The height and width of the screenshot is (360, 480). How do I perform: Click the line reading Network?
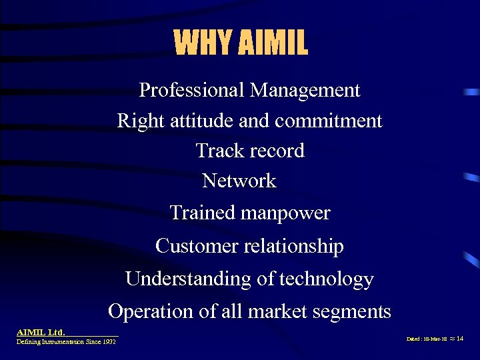click(239, 181)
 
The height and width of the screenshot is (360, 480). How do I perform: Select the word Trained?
click(202, 213)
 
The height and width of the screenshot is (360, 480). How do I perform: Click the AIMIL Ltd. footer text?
click(41, 331)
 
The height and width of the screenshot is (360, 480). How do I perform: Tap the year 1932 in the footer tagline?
click(109, 341)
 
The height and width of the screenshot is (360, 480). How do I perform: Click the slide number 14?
click(459, 339)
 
